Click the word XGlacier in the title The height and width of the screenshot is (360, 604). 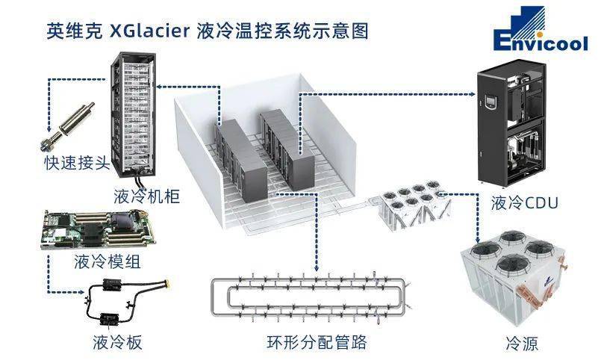pyautogui.click(x=150, y=31)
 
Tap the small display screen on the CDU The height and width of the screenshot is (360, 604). pyautogui.click(x=491, y=96)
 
